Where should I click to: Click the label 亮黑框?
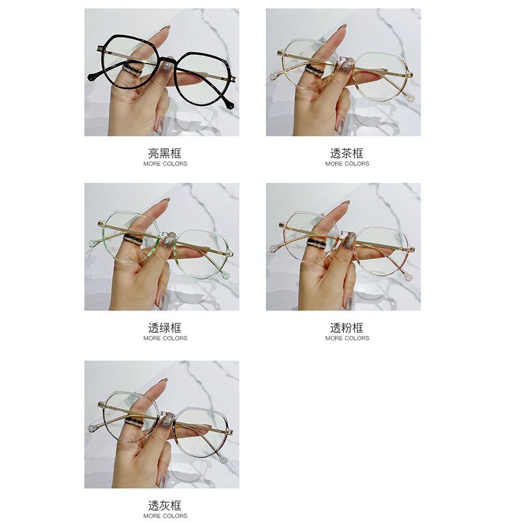[x=165, y=154]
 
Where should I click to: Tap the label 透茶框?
[x=347, y=154]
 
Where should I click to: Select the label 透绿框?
[x=165, y=328]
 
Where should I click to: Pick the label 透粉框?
[x=347, y=328]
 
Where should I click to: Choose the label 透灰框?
[x=165, y=505]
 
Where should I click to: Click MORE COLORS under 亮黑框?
[x=165, y=164]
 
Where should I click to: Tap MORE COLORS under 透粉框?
[x=347, y=338]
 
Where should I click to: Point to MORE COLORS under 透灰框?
[x=165, y=516]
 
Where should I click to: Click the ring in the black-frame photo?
[x=133, y=71]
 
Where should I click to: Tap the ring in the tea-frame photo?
[x=315, y=71]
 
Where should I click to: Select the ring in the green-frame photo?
[x=133, y=239]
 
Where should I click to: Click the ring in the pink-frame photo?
[x=316, y=243]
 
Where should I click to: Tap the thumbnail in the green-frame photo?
[x=169, y=240]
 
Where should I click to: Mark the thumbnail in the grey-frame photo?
[x=167, y=421]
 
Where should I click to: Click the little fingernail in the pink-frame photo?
[x=348, y=303]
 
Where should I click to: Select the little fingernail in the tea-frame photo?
[x=340, y=127]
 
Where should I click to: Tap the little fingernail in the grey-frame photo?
[x=162, y=481]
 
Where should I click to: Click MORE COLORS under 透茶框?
[x=347, y=164]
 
